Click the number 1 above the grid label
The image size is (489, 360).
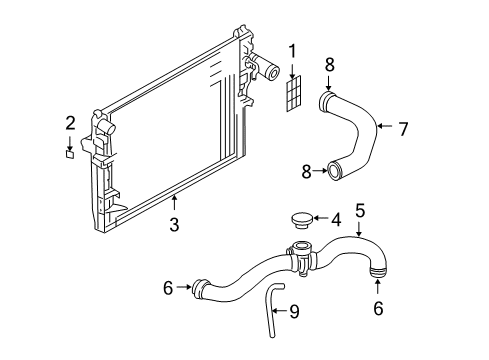pos(293,51)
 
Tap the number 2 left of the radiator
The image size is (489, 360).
pos(70,123)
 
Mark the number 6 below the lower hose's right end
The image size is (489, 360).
pos(378,310)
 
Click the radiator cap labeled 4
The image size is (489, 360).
pos(299,220)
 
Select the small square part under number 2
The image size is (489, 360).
pos(70,154)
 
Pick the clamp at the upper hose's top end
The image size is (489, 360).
pos(326,100)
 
